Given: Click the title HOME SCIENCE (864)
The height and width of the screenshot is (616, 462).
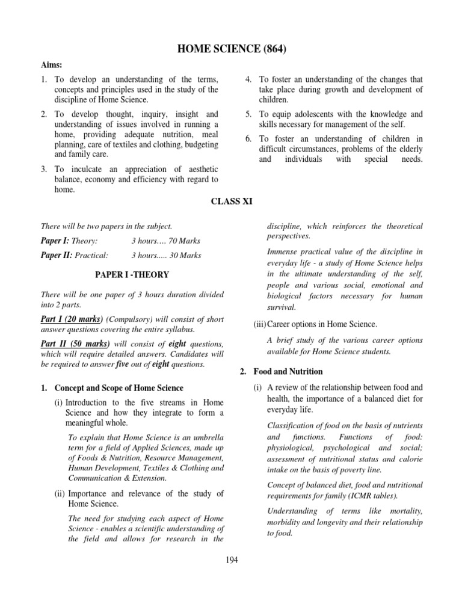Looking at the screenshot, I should (x=231, y=49).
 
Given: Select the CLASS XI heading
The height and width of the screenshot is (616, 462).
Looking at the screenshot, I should (x=230, y=203).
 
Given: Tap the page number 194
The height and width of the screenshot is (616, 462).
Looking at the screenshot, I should (x=231, y=559).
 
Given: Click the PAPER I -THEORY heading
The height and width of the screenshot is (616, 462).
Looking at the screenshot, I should (x=132, y=275).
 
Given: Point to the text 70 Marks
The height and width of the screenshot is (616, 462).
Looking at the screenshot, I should (x=185, y=241).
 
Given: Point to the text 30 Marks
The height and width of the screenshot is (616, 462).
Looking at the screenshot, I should (x=185, y=256).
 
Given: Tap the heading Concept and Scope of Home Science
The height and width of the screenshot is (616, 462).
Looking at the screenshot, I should (x=119, y=388).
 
